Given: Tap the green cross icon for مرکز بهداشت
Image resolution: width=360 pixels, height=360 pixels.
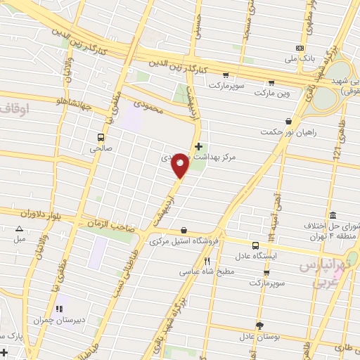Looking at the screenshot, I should [x=198, y=146].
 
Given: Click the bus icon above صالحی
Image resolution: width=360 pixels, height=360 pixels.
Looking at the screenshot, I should [x=101, y=137].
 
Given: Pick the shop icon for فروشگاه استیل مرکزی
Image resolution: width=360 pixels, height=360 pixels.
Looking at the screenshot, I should [x=184, y=230].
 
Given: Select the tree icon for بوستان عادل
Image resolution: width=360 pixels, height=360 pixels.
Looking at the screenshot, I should [x=259, y=326].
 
